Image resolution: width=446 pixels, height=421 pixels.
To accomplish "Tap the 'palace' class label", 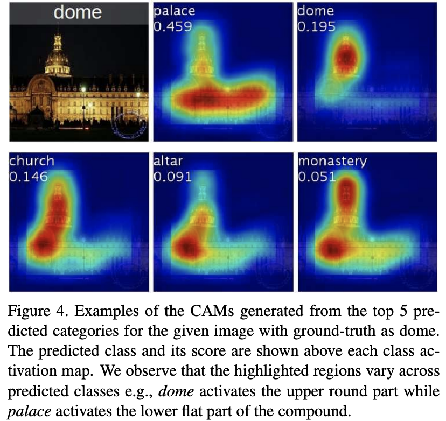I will pyautogui.click(x=173, y=10).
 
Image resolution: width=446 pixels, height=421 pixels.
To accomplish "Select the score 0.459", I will pyautogui.click(x=172, y=26).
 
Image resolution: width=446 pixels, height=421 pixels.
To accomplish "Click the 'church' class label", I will pyautogui.click(x=32, y=160).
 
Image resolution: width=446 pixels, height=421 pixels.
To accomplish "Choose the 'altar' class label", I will pyautogui.click(x=169, y=160).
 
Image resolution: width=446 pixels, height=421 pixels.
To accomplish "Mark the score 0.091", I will pyautogui.click(x=172, y=176).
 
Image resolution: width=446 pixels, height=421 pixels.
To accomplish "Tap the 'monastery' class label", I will pyautogui.click(x=332, y=160).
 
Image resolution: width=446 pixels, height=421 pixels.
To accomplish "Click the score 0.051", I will pyautogui.click(x=317, y=176).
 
